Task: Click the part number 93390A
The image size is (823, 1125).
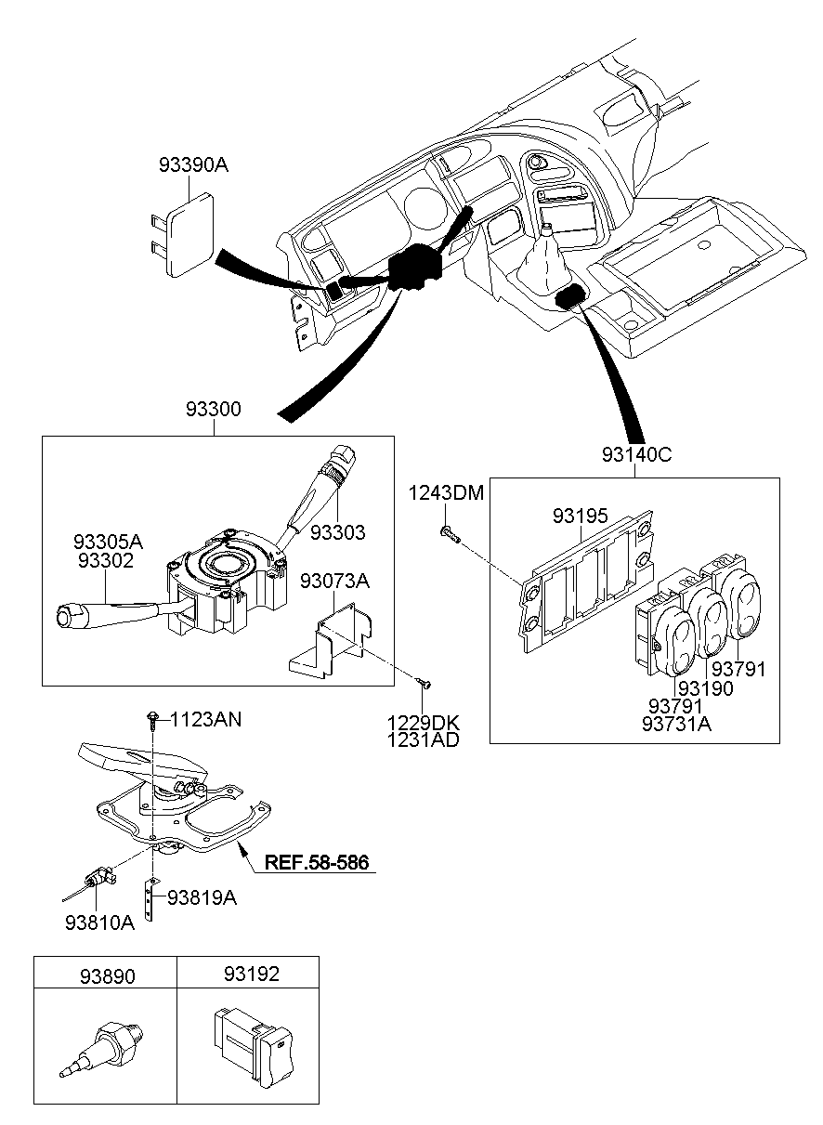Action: point(193,165)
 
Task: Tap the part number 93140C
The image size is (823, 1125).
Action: point(636,454)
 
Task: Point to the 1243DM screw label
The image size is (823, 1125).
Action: point(446,493)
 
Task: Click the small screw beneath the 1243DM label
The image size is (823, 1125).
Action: point(450,532)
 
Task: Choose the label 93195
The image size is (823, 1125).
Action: point(581,515)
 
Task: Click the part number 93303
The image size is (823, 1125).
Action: point(337,532)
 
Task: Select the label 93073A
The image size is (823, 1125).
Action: point(335,582)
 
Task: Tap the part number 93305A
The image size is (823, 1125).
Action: point(109,542)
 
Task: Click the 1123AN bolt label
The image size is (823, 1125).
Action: point(206,718)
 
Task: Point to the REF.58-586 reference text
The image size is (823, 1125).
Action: point(317,863)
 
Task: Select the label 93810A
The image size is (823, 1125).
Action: point(99,922)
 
